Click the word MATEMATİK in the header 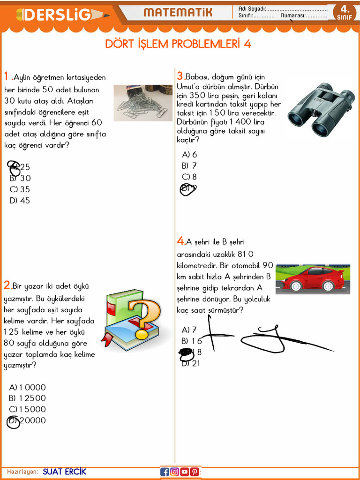click(178, 13)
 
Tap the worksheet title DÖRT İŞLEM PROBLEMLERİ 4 click(178, 44)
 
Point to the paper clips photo click(143, 103)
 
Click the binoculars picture click(321, 110)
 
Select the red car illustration click(313, 279)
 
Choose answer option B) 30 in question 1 click(20, 178)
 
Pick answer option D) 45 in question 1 click(20, 201)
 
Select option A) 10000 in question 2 click(27, 387)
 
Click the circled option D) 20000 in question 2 click(27, 420)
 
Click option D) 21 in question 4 click(191, 363)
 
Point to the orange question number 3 click(180, 76)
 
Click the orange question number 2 click(7, 285)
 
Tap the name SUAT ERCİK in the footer click(64, 472)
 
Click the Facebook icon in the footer click(165, 472)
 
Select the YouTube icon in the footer click(185, 472)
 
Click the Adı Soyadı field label click(252, 8)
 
